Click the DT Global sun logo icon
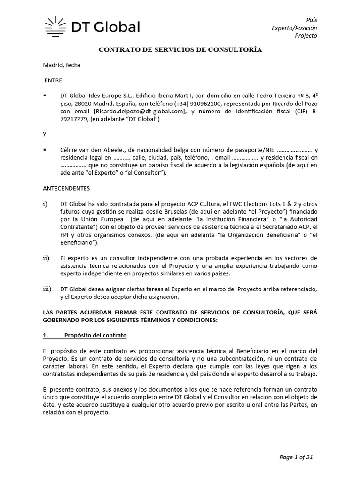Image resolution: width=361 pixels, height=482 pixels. (x=55, y=26)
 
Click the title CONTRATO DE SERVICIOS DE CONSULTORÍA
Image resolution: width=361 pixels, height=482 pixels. (x=180, y=49)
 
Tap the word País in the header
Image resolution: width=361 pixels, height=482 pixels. (x=312, y=20)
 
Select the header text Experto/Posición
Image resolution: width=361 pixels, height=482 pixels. (x=295, y=28)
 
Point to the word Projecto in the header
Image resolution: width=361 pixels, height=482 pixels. (x=306, y=36)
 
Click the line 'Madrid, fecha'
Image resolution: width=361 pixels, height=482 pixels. (x=62, y=65)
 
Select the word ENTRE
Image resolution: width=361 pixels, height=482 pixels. (x=54, y=80)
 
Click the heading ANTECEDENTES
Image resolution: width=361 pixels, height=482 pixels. (x=66, y=188)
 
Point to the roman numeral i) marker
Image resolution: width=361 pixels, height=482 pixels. (x=46, y=204)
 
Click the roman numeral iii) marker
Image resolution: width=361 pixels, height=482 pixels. (x=47, y=288)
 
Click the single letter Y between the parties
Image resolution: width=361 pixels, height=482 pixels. (x=45, y=134)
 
